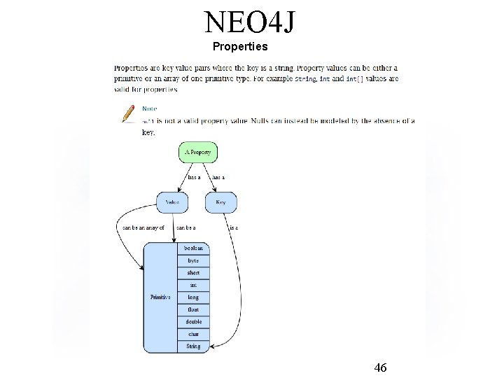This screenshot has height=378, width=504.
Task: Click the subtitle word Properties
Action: coord(239,47)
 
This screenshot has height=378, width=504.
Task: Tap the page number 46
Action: coord(381,367)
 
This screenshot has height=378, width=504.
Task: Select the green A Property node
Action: coord(198,152)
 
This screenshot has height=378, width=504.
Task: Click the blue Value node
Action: coord(172,202)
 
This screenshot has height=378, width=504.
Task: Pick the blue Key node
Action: coord(220,202)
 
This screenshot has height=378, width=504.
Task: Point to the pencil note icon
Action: coord(129,113)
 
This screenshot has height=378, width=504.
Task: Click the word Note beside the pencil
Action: coord(150,108)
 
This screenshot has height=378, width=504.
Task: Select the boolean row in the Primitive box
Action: coord(192,248)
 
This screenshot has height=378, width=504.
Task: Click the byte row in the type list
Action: coord(192,260)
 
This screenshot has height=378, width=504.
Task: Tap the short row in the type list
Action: coord(192,273)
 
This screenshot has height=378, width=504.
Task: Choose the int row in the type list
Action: coord(192,285)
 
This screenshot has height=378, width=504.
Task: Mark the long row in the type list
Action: coord(192,297)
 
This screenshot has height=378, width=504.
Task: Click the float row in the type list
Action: coord(192,309)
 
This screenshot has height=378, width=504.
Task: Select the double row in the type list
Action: coord(192,322)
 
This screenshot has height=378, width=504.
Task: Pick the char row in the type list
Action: coord(192,334)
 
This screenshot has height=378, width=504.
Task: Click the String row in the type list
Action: coord(192,346)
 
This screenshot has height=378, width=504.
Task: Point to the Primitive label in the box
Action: coord(160,297)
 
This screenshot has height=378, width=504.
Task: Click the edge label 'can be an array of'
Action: coord(143,227)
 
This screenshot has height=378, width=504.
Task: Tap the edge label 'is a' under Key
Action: coord(234,227)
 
